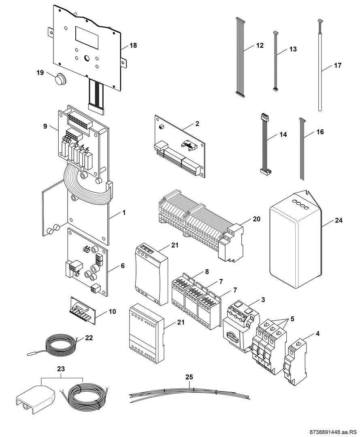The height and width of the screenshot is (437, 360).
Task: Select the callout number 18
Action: [x=133, y=46]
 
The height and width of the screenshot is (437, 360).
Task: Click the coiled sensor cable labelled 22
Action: [x=61, y=346]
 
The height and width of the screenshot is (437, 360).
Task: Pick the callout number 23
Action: [x=61, y=369]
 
